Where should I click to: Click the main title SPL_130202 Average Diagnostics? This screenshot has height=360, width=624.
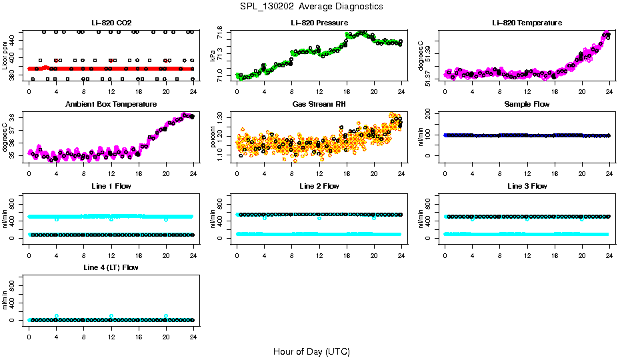pyautogui.click(x=312, y=6)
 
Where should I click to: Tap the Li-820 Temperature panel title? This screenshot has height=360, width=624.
pyautogui.click(x=527, y=23)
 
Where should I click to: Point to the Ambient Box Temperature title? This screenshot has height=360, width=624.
pyautogui.click(x=111, y=105)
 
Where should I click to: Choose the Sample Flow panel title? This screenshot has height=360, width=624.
pyautogui.click(x=527, y=105)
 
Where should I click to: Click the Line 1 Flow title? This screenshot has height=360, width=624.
pyautogui.click(x=111, y=186)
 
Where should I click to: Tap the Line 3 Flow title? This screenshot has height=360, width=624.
pyautogui.click(x=527, y=186)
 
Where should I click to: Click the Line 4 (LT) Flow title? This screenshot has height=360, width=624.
pyautogui.click(x=111, y=267)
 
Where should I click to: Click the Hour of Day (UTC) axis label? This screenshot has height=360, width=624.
pyautogui.click(x=311, y=351)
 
